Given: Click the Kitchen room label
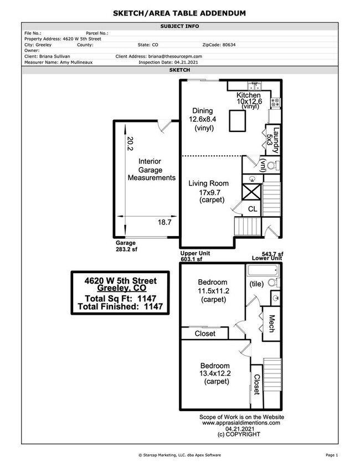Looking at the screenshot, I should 249,95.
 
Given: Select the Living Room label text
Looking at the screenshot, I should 208,183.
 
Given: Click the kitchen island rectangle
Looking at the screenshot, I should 238,120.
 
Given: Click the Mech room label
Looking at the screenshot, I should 272,324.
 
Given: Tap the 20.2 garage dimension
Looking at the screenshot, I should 130,144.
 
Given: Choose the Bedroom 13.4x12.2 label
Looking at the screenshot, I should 215,374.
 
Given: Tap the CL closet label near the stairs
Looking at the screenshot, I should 253,209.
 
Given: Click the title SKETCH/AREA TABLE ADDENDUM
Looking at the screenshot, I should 179,12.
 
